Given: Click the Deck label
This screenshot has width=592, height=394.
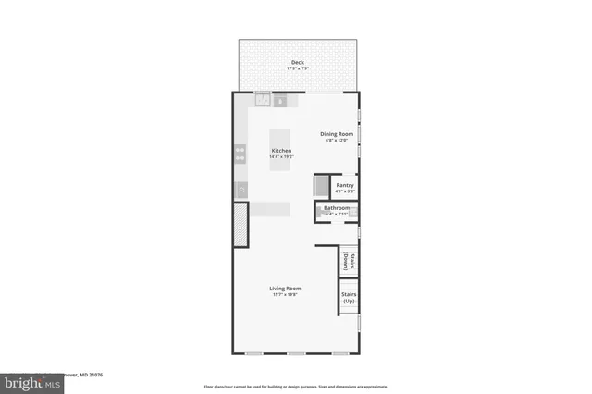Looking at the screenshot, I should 298,63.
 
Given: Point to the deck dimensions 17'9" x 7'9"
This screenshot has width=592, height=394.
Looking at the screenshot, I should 298,68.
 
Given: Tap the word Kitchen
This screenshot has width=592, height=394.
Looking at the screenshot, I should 281,151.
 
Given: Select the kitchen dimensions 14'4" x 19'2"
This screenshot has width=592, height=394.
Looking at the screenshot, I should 281,157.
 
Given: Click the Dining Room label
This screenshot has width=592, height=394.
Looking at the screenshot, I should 337,134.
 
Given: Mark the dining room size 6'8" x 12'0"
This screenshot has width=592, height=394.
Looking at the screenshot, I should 337,141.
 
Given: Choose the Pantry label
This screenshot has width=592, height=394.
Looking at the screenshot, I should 345,185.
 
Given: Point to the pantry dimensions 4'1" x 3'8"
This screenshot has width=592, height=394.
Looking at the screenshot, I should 345,191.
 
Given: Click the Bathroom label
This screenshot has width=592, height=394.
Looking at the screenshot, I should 336,208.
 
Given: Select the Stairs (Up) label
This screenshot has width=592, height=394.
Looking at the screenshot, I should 349,298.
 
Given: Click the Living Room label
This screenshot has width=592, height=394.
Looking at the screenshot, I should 285,289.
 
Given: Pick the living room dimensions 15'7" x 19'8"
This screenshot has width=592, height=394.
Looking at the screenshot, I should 285,295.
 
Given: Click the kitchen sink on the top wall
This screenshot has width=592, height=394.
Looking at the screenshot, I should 263,100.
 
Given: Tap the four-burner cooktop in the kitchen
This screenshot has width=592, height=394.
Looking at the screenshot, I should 240,153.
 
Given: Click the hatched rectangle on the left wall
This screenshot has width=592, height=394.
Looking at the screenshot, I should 240,225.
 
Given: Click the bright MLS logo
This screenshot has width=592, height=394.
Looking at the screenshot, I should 28,381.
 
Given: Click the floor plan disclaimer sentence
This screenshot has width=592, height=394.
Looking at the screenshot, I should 296,386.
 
